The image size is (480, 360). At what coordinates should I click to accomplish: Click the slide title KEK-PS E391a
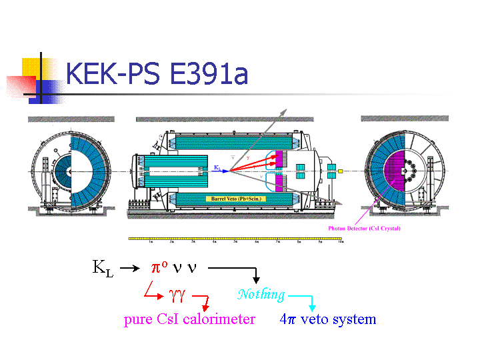tap(157, 73)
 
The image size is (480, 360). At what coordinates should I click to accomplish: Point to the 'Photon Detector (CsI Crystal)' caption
tap(364, 229)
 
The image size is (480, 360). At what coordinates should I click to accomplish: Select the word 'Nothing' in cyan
tap(261, 294)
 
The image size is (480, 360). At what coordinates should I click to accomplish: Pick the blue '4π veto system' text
tap(328, 319)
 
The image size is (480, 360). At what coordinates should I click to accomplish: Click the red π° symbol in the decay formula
tap(159, 268)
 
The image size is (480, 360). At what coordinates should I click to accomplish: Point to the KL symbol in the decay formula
tap(103, 269)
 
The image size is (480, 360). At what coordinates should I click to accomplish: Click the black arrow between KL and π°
tap(130, 269)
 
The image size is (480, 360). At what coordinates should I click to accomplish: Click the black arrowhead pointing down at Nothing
tap(255, 281)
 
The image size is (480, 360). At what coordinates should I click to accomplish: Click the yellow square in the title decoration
tap(32, 68)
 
